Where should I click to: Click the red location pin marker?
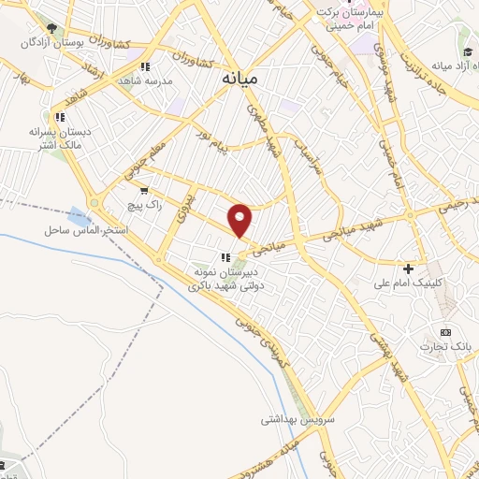pos(240,219)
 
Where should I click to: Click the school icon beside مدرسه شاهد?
pos(144,66)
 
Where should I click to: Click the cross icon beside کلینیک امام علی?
pos(409,269)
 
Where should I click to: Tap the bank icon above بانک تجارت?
pos(445,331)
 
